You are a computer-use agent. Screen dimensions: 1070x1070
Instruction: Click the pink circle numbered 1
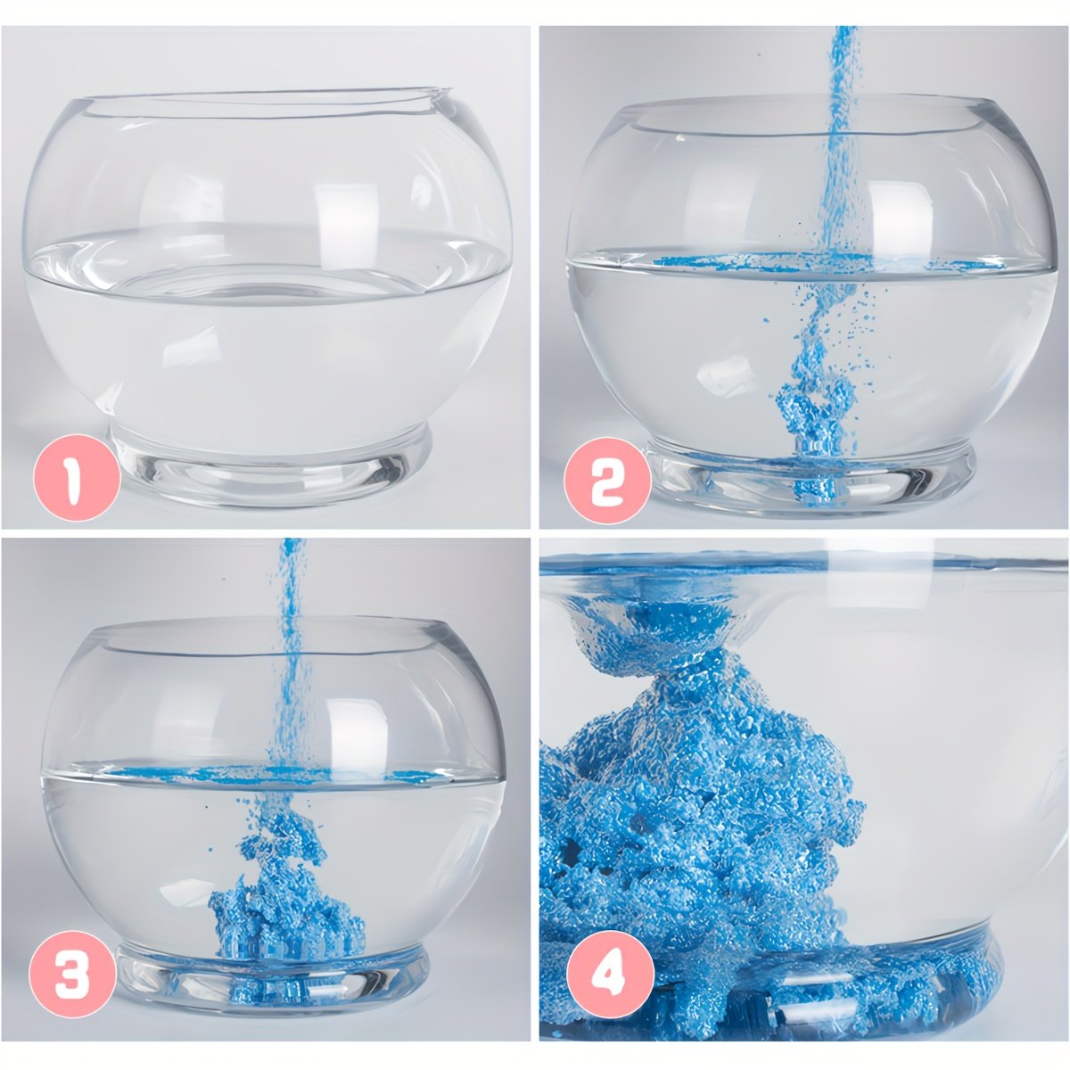coord(77,478)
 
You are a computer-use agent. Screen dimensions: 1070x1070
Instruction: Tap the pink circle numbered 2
coord(607,481)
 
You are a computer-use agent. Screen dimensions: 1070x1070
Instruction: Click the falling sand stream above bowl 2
coord(841,139)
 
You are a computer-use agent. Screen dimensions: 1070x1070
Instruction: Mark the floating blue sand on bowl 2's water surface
coord(827,261)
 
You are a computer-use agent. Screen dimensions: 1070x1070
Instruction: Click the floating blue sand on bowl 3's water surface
coord(277,773)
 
